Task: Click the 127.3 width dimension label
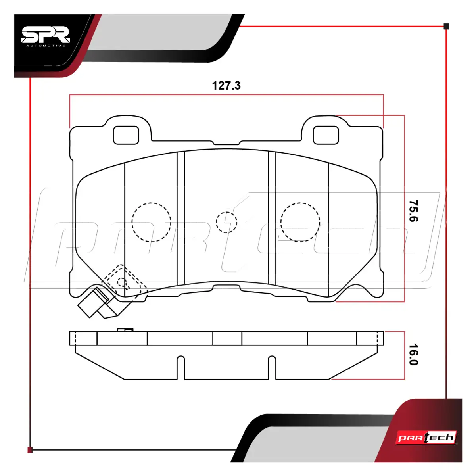226,86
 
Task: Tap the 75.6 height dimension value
413,211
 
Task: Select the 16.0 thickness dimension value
413,354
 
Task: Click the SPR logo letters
46,35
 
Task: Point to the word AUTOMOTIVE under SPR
46,46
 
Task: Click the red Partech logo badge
426,438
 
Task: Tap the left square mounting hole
126,135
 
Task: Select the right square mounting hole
326,135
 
